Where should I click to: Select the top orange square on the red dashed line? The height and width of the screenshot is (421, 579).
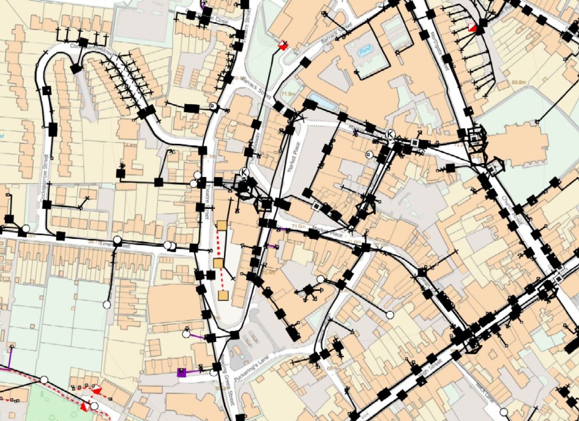coord(222,226)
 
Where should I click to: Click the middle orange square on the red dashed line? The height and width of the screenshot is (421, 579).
coord(218,263)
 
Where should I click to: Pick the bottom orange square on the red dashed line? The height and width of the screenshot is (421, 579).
coord(223,296)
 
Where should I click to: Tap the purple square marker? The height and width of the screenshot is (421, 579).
coord(182,372)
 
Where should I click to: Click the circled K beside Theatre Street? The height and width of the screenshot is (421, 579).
coord(244,172)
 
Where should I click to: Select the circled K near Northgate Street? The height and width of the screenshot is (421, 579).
coord(390,133)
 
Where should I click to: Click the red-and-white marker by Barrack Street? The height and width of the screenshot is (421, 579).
coord(283,46)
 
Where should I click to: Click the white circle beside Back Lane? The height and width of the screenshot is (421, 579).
coord(505,412)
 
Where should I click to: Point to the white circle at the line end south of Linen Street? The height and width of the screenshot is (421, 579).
coord(106,304)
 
